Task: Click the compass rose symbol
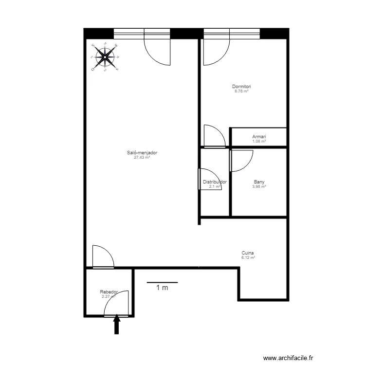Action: tap(105, 57)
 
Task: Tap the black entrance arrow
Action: tap(117, 325)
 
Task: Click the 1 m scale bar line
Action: tap(162, 282)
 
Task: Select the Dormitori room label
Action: tap(241, 87)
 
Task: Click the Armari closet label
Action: tap(259, 137)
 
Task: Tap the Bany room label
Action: tap(259, 182)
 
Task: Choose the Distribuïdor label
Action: tap(215, 182)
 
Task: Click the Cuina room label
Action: tap(248, 253)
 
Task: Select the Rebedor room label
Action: tap(109, 292)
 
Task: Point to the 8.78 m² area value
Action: tap(241, 91)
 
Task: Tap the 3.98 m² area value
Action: tap(259, 186)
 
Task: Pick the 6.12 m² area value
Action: tap(248, 257)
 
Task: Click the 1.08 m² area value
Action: tap(259, 141)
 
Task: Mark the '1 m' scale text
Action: tap(162, 288)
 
